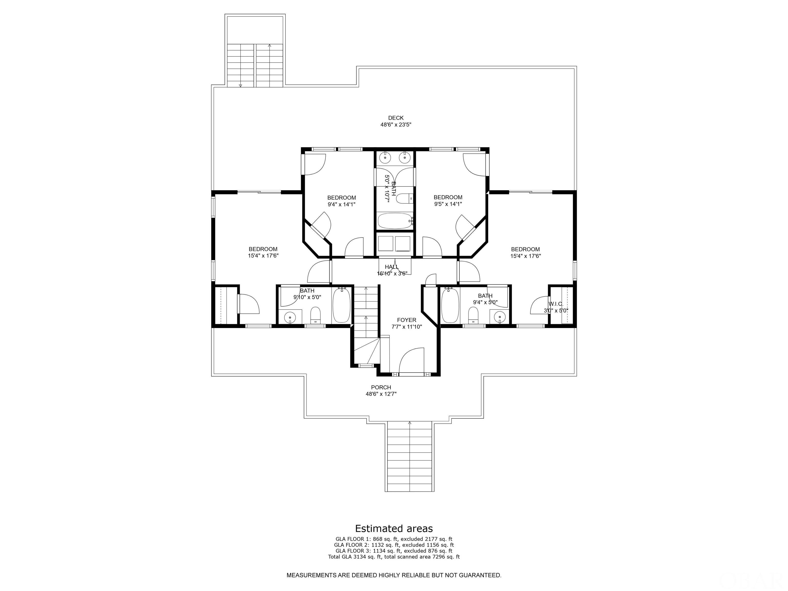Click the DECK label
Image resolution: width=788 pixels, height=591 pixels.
396,118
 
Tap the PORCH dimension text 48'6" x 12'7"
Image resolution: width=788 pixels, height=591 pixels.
381,394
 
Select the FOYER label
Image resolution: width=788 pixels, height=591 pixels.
407,320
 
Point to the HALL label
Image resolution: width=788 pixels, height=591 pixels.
391,267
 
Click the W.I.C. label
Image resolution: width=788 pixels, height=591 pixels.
556,304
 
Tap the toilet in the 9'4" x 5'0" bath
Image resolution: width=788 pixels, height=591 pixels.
473,315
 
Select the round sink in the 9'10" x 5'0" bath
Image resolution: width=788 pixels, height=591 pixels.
290,317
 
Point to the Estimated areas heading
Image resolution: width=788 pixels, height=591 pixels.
394,528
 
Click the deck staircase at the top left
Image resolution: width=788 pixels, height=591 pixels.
255,65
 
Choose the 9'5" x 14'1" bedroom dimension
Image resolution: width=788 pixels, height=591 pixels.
448,204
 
